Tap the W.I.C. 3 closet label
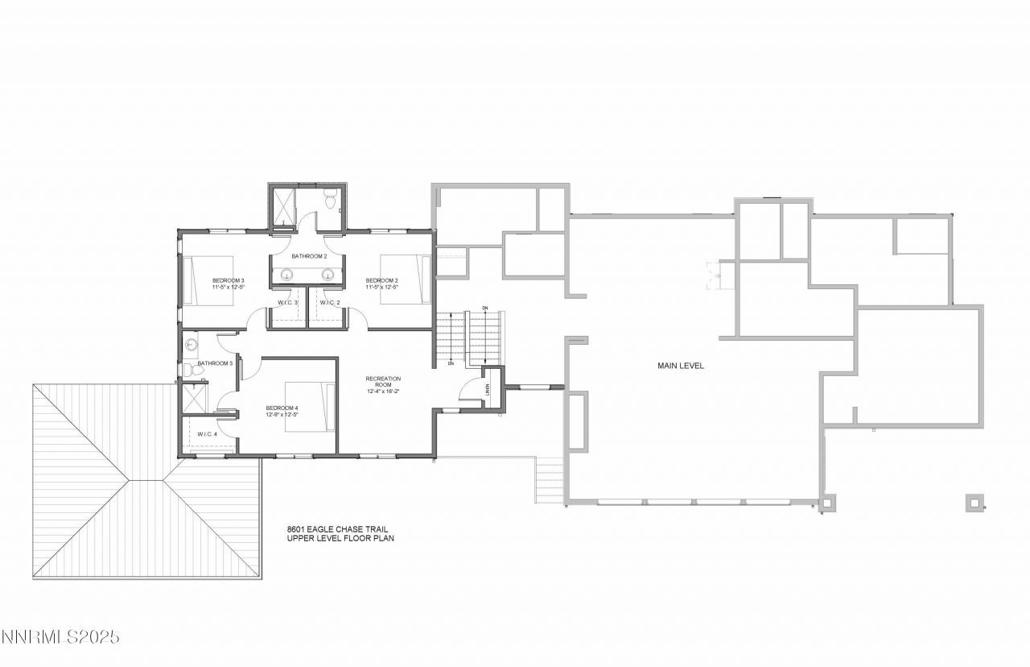coord(289,302)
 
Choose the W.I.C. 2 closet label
coord(330,302)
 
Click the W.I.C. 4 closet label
coord(207,434)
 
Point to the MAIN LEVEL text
coord(680,366)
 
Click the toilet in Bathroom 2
coord(330,198)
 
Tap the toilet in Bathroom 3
coord(186,371)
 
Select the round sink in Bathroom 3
coord(190,345)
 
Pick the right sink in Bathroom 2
coord(328,275)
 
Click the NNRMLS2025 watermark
coord(60,637)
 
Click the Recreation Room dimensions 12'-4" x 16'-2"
coord(382,391)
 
